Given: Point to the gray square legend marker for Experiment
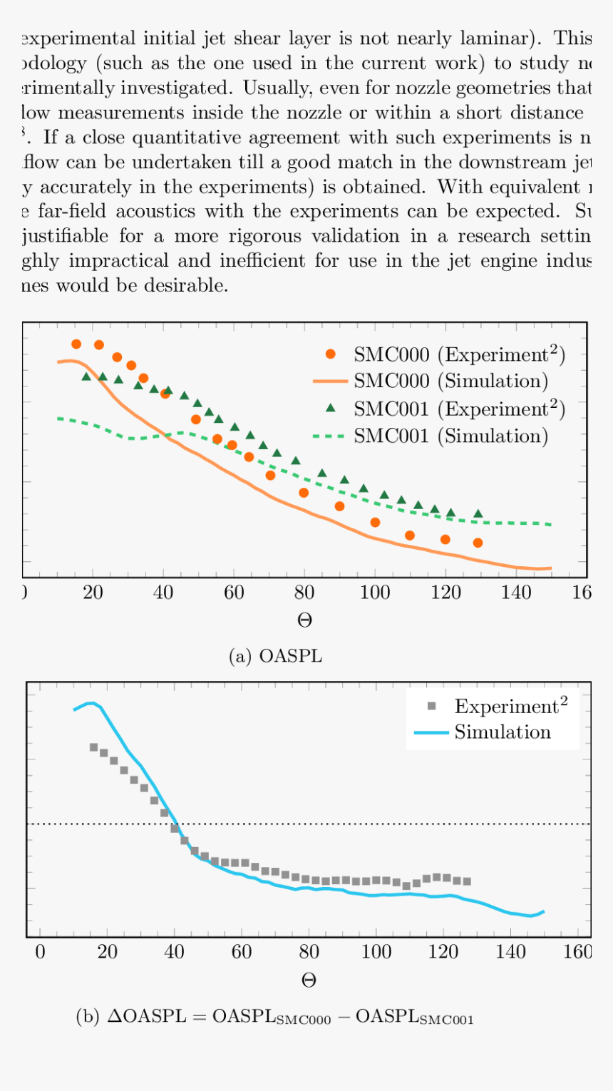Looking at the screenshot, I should (431, 707).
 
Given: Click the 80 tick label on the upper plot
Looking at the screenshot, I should (304, 593).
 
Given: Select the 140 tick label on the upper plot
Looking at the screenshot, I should (516, 593).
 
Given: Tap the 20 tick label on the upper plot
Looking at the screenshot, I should (93, 593).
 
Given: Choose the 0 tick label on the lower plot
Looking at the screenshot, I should (40, 953).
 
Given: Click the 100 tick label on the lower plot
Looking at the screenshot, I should (376, 953).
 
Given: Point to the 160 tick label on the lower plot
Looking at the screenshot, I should (577, 953).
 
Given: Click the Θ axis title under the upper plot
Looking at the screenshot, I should (304, 620).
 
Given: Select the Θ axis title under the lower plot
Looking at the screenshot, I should (309, 980).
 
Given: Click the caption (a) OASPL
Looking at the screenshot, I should (275, 656).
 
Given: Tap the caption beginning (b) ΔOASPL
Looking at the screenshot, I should (275, 1018).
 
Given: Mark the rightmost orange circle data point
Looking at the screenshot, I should (478, 543).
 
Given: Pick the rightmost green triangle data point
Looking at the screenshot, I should (478, 513).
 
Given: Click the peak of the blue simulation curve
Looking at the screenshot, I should (91, 703).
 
